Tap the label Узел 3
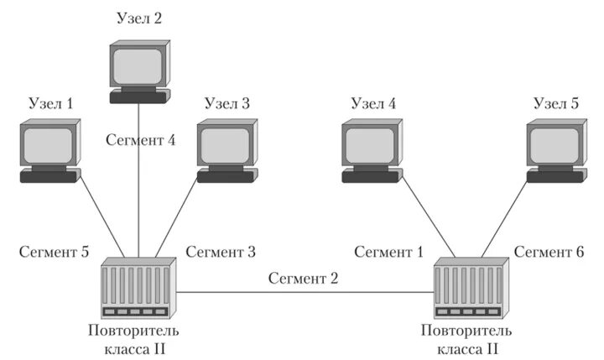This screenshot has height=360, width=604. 226,104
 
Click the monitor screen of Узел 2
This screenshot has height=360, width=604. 138,64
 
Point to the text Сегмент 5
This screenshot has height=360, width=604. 55,251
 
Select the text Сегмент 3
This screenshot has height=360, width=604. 221,251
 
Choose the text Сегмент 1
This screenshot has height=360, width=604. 388,251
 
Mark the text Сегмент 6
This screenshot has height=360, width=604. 549,251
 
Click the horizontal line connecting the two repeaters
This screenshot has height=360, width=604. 304,292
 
